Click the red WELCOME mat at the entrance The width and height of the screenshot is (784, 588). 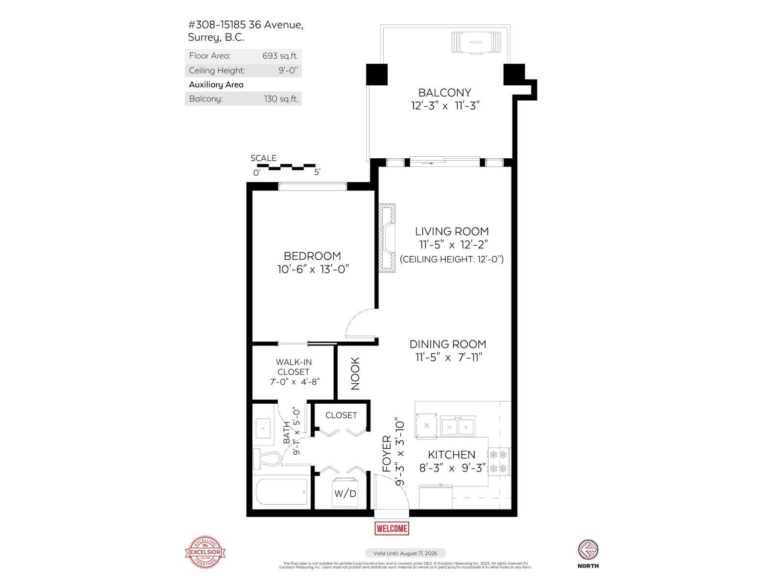[x=392, y=528]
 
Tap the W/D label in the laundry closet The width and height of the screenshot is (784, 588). [x=345, y=493]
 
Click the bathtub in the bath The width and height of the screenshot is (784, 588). [x=282, y=491]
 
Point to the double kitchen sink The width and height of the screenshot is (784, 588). [x=457, y=426]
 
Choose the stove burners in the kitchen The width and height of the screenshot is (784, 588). [x=498, y=461]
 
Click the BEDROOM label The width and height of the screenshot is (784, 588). [x=312, y=256]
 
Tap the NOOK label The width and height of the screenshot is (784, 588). [x=355, y=373]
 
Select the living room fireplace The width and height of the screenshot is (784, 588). [x=387, y=237]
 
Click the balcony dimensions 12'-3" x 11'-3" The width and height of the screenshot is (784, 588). [x=444, y=106]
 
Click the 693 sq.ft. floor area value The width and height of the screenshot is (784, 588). [x=280, y=56]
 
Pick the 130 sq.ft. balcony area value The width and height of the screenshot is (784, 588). [x=281, y=98]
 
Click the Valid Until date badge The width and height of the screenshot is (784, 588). [x=405, y=553]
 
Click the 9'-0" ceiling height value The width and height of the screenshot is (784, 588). [x=288, y=70]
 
